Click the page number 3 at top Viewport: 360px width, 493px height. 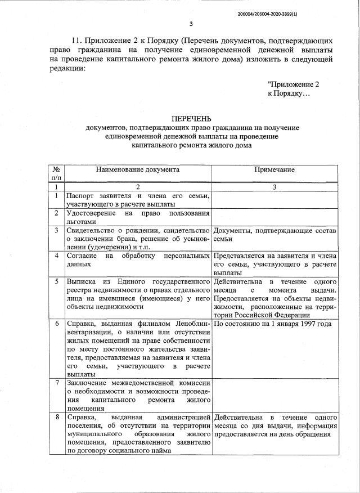point(191,24)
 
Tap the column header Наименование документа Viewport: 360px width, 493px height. point(138,169)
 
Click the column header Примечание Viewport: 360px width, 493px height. point(274,169)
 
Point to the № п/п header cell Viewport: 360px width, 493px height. point(56,173)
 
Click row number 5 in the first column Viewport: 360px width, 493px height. point(56,281)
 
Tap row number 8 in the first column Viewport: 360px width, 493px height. point(56,417)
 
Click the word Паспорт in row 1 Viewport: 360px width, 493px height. point(80,196)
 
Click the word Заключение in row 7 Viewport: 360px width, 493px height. point(86,383)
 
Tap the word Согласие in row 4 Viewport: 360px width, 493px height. point(82,256)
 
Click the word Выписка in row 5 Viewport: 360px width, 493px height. point(82,281)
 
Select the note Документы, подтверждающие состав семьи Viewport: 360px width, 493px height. point(274,235)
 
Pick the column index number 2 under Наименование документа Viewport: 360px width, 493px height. point(138,186)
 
